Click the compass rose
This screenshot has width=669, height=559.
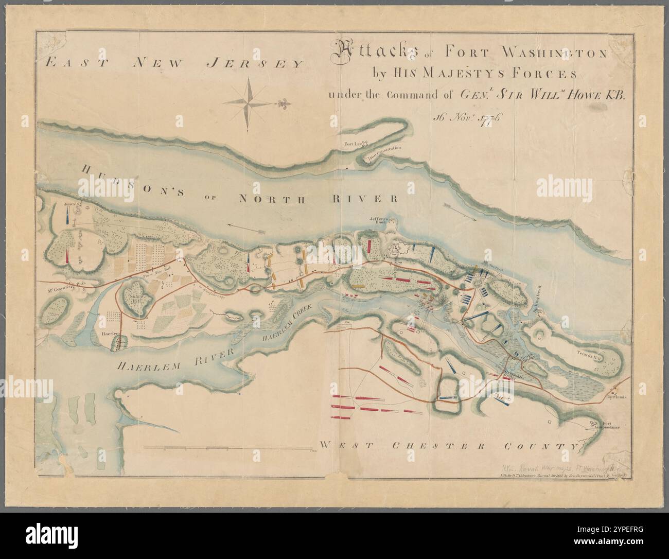[248, 101]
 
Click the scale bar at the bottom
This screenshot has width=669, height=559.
[232, 444]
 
